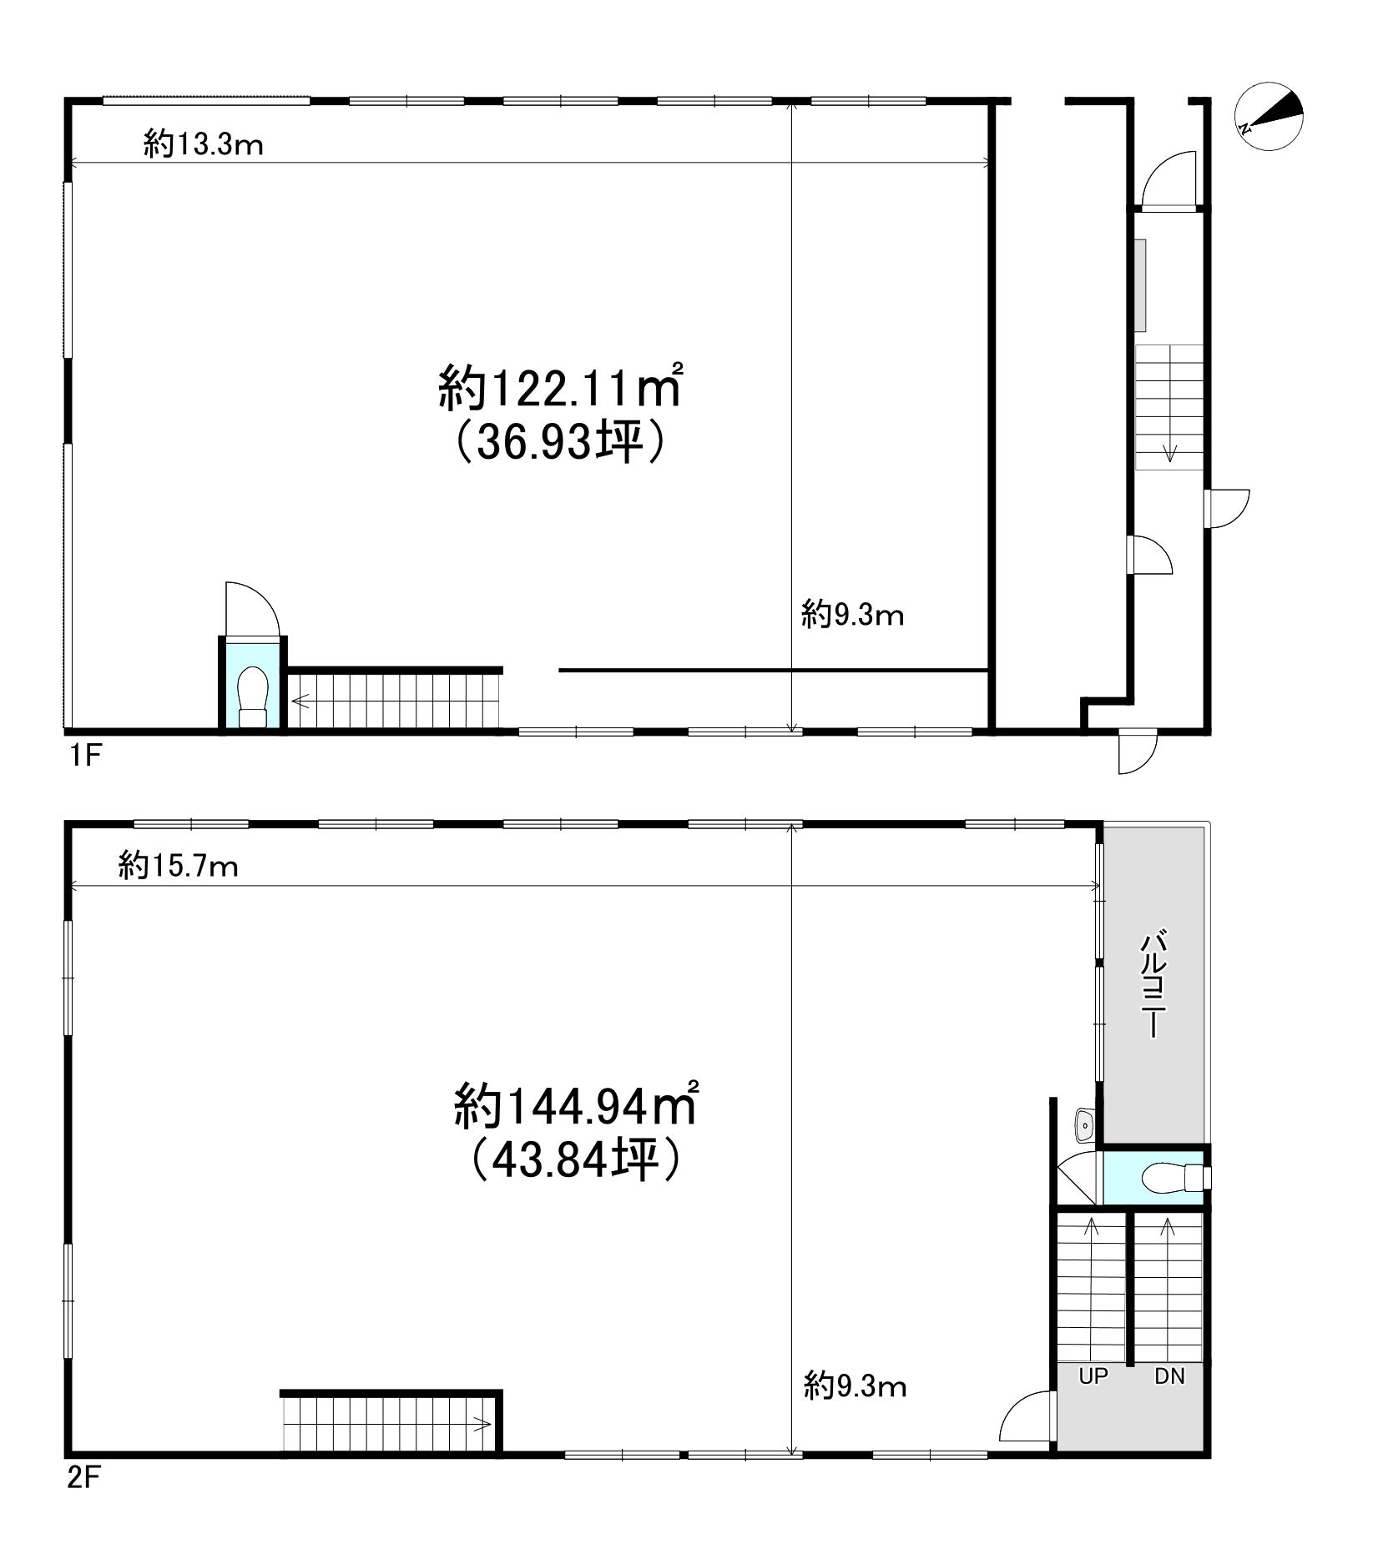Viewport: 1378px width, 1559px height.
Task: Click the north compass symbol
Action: point(1269,117)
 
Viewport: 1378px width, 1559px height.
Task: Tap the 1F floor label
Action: point(83,757)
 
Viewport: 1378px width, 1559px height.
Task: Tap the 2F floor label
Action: point(84,1479)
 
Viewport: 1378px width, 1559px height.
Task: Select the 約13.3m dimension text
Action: point(204,144)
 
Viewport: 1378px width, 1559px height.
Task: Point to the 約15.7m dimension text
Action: point(179,867)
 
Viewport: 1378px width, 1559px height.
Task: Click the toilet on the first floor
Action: point(252,697)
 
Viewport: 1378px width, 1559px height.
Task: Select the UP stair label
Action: point(1093,1376)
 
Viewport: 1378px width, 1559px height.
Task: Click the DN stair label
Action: point(1169,1376)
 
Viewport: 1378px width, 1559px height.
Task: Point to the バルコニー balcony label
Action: point(1153,984)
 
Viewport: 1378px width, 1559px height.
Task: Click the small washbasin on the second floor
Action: point(1084,1127)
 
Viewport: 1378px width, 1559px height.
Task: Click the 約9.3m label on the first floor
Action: point(853,616)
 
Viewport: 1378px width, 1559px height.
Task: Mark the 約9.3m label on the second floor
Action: point(856,1386)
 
